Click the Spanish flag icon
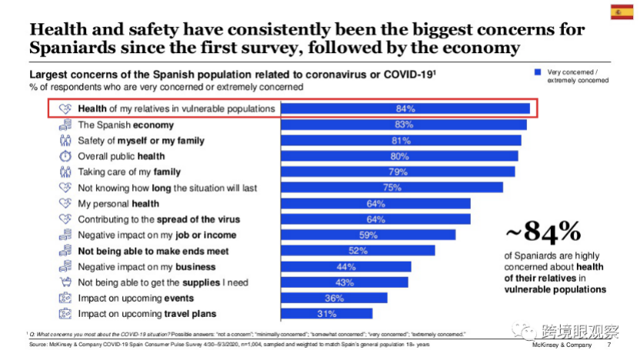pyautogui.click(x=622, y=12)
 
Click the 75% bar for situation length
pyautogui.click(x=392, y=188)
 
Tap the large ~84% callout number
pyautogui.click(x=542, y=232)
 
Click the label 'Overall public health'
pyautogui.click(x=122, y=156)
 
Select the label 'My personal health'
pyautogui.click(x=118, y=204)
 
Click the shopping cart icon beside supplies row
pyautogui.click(x=65, y=282)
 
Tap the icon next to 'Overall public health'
pyautogui.click(x=65, y=156)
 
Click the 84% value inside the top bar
pyautogui.click(x=405, y=108)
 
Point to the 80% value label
pyautogui.click(x=398, y=156)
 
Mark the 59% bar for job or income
pyautogui.click(x=368, y=235)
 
